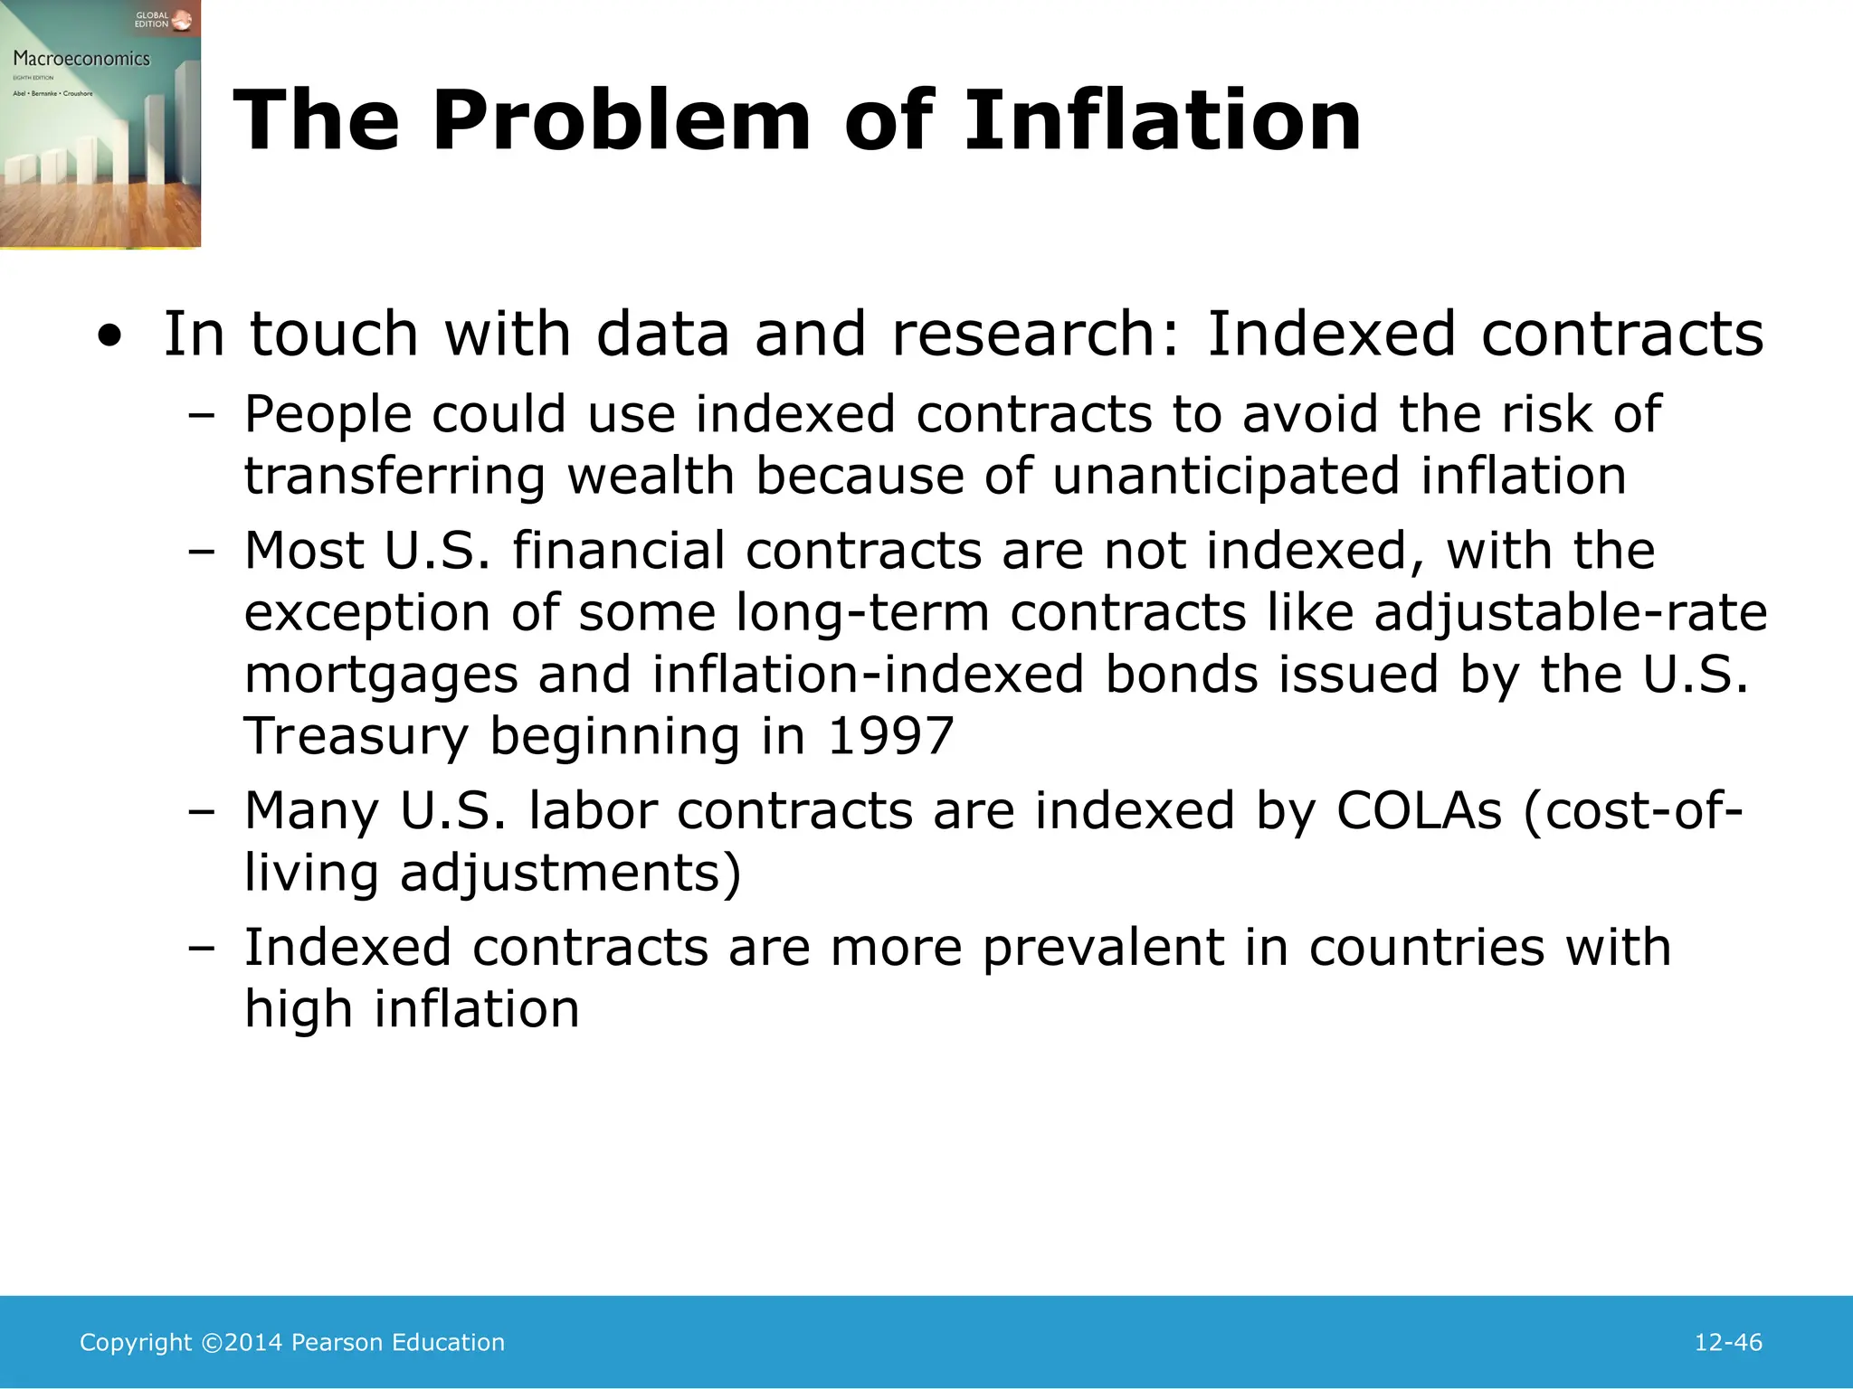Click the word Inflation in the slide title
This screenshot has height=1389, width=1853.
(1162, 120)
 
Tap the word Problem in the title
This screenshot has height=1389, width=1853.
(621, 120)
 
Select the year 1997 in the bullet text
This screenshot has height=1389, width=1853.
(891, 735)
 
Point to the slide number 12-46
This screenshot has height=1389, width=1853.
(1727, 1342)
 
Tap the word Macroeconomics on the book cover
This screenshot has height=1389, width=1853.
(81, 59)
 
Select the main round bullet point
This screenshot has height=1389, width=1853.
(109, 336)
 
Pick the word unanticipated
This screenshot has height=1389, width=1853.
(1226, 477)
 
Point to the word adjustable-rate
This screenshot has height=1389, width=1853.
(1570, 613)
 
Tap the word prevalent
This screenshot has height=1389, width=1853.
(1103, 949)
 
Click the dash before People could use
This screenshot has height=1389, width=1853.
(202, 416)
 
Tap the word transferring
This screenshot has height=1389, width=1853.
(395, 477)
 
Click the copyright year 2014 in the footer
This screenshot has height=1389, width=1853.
(253, 1342)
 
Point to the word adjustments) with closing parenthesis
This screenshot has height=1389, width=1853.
(570, 874)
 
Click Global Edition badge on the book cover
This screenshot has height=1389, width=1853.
(152, 20)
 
